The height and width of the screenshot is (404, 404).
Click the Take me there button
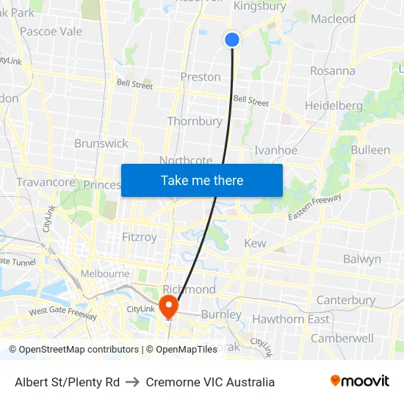pos(202,180)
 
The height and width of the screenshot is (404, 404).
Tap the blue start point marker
pos(232,40)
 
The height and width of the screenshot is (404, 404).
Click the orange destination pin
pos(168,305)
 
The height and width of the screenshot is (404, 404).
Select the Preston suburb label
pos(201,77)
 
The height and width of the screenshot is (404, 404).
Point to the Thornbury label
pos(195,121)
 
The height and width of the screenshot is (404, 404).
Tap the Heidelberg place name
pos(333,106)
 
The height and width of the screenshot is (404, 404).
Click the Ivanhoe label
pos(275,151)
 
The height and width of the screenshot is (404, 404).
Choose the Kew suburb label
pos(255,243)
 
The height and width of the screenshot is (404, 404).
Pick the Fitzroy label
pos(139,237)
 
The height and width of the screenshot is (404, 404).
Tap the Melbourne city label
pos(105,273)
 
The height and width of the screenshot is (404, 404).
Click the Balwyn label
pos(362,259)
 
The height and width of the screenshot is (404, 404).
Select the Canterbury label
pos(345,300)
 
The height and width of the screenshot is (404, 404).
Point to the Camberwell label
pos(342,339)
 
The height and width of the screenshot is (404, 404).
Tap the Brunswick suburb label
pos(101,144)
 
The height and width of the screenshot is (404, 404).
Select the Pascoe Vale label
pos(51,32)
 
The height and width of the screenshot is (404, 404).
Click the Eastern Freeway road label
pos(315,208)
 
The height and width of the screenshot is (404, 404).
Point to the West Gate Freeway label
pos(62,314)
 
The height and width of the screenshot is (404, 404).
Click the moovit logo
pos(360,381)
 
